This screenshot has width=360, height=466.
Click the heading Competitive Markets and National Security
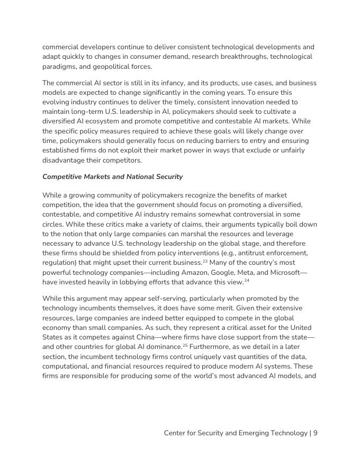coord(112,177)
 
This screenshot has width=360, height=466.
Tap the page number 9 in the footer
coord(315,433)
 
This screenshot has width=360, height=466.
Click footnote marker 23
coord(204,261)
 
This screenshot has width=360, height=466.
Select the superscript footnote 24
coord(246,280)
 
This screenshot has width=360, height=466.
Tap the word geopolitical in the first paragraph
coord(95,66)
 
